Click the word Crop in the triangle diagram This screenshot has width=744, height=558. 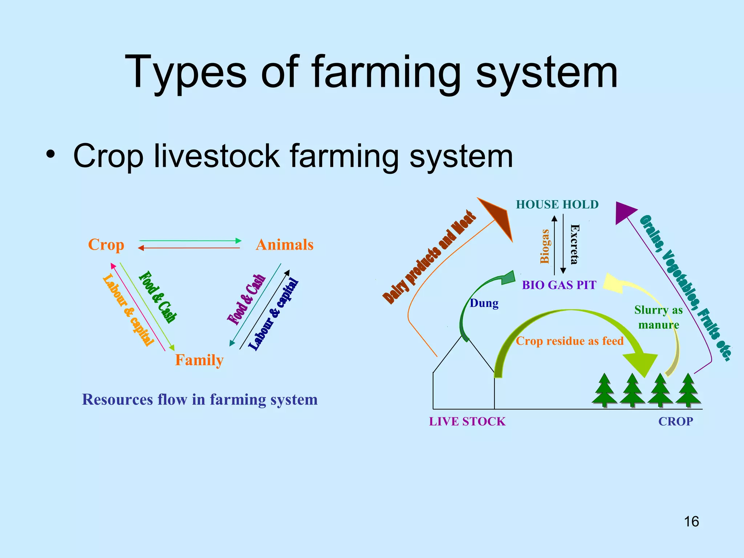(106, 245)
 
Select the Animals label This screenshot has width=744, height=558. (284, 245)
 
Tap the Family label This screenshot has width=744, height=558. (199, 360)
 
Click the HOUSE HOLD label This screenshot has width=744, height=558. (557, 205)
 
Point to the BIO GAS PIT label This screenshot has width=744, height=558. (559, 285)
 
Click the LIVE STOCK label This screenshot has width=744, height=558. (467, 421)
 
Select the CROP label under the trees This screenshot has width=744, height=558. (676, 421)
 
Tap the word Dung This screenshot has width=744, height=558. (484, 303)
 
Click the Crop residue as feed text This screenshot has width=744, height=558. (569, 341)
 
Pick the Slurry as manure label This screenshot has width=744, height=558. (659, 317)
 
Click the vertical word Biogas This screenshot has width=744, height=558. (545, 246)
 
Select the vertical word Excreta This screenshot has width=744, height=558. (574, 244)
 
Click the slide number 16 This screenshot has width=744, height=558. (691, 522)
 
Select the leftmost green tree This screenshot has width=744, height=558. (604, 391)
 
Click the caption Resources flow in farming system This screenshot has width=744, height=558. (200, 400)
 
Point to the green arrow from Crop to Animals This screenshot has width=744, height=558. (190, 240)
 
